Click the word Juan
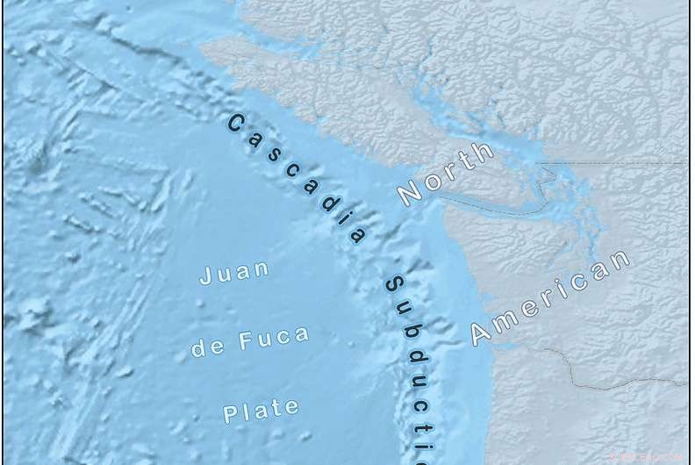[x=234, y=273]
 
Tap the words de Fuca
[x=249, y=340]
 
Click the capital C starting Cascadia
[x=234, y=124]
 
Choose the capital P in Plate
[x=230, y=414]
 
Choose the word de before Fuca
[x=204, y=347]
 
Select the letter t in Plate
[x=277, y=408]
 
